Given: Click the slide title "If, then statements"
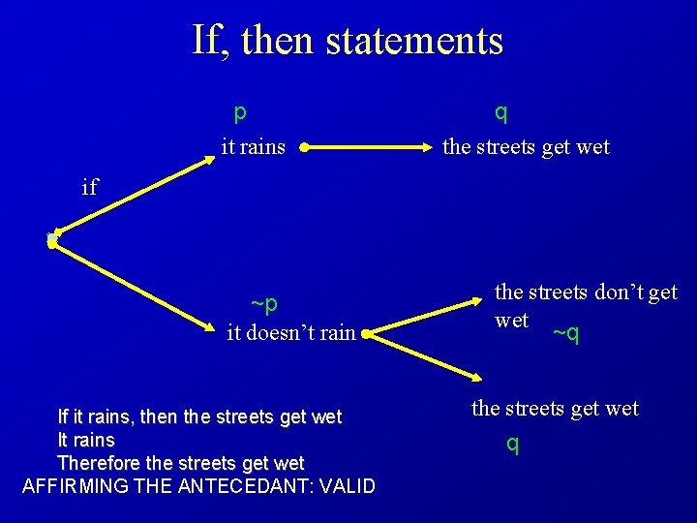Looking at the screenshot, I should pos(348,41).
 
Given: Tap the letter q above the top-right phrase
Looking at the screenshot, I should pos(500,112).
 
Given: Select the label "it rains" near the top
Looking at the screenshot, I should pos(253,147).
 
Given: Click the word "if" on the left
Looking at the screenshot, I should pos(90,187).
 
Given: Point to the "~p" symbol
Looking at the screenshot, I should pos(264,304).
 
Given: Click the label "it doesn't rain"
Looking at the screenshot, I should pos(290,333).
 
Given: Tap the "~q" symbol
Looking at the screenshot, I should pos(566,334).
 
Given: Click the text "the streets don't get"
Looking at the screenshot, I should pos(586,292).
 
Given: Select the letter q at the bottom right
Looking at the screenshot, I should pos(513,445).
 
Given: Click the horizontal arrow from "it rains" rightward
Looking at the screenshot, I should pos(368,148).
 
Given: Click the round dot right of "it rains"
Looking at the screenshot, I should pos(304,148).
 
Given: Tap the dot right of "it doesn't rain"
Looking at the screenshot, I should pos(365,334).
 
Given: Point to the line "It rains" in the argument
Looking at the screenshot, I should pos(86,440).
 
